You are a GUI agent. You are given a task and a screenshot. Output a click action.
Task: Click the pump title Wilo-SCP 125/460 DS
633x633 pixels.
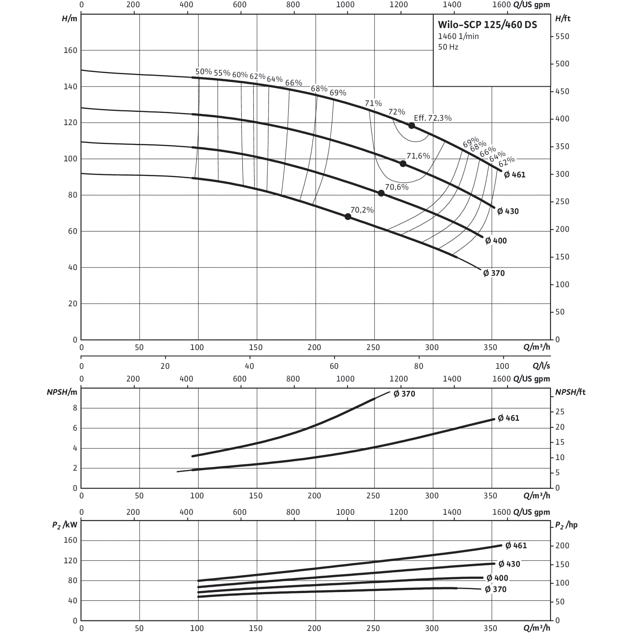pos(487,25)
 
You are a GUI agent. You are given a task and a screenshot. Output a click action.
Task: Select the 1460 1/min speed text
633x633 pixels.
pos(458,36)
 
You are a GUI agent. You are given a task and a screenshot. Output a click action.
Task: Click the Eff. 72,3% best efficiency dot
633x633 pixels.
pos(412,125)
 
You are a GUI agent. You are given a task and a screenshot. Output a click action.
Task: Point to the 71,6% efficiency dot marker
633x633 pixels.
pos(403,163)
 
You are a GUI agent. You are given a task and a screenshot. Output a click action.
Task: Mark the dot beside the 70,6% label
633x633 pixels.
pos(381,193)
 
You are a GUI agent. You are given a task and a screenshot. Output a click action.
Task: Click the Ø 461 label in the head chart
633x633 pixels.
pos(515,175)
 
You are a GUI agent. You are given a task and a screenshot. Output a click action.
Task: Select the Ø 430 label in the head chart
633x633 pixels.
pos(508,211)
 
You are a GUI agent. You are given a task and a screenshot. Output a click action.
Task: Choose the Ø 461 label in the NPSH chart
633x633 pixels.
pos(509,418)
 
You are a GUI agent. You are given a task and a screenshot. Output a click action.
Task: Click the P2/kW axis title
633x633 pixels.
pos(65,525)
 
